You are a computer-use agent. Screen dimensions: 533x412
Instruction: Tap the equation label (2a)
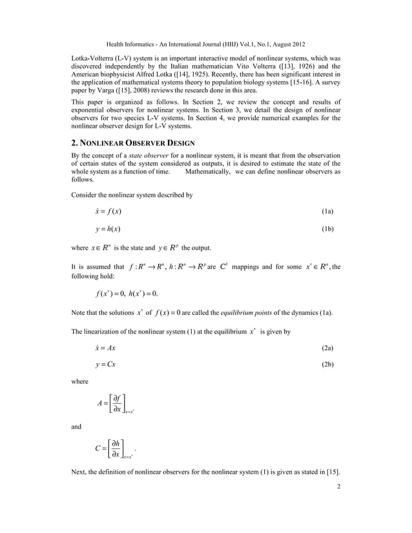click(327, 348)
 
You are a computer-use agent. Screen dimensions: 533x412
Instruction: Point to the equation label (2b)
click(327, 365)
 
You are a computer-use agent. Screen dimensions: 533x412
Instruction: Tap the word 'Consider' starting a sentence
click(85, 194)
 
